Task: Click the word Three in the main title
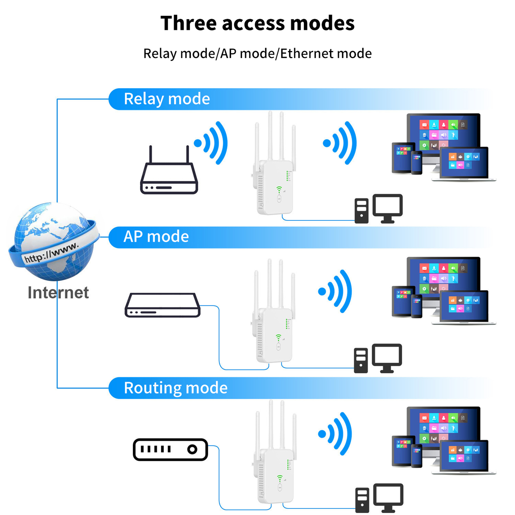tap(188, 23)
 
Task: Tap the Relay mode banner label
tap(167, 98)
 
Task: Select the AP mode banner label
tap(156, 237)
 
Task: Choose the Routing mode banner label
tap(175, 388)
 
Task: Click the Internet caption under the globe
tap(58, 293)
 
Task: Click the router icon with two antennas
tap(169, 175)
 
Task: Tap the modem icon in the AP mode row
tap(163, 305)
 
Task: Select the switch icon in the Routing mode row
tap(170, 449)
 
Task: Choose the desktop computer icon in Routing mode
tap(379, 498)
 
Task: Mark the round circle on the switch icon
tap(192, 449)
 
